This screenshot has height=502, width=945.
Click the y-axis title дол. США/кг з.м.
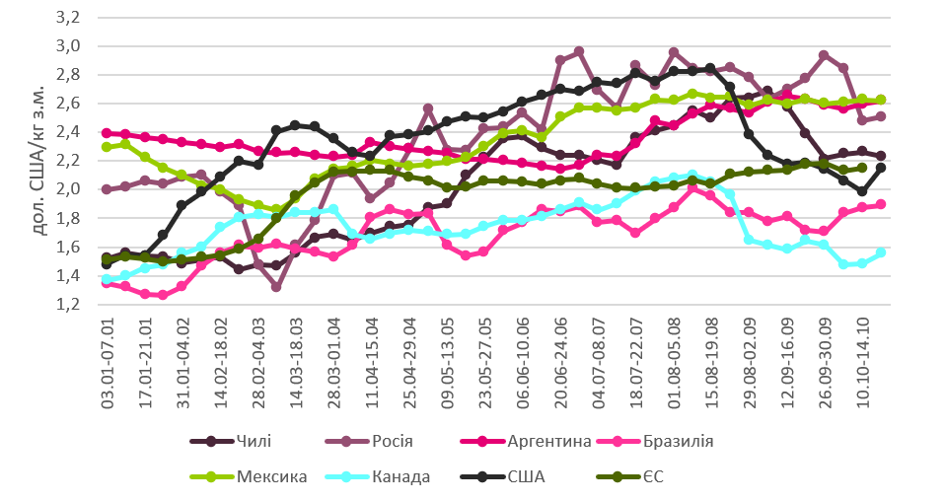point(27,163)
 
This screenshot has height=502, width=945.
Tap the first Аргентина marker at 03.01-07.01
point(107,132)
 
